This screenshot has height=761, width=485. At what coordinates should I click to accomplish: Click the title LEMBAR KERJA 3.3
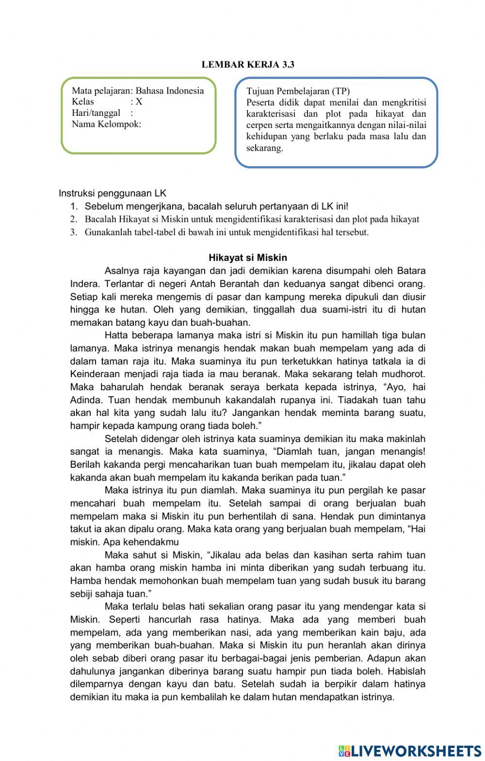click(x=248, y=64)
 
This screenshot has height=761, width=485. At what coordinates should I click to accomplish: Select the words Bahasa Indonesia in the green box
click(x=169, y=91)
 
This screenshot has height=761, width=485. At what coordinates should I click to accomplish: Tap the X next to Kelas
click(x=139, y=102)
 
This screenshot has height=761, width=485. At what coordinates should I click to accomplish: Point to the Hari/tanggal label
click(x=96, y=113)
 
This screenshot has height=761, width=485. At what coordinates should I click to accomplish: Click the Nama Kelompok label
click(x=106, y=124)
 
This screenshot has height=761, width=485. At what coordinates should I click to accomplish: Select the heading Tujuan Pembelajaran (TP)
click(x=298, y=91)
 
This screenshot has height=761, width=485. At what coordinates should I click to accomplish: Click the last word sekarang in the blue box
click(x=264, y=148)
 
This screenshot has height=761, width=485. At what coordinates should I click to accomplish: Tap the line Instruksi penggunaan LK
click(x=113, y=193)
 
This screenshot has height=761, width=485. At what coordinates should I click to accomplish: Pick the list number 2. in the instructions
click(x=74, y=219)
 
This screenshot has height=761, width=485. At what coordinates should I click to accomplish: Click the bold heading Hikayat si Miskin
click(x=248, y=257)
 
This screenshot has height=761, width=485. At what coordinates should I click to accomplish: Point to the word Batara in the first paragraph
click(x=411, y=270)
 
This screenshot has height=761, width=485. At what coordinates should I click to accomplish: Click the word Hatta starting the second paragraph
click(x=114, y=335)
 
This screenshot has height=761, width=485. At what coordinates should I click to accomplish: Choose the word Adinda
click(x=85, y=400)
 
